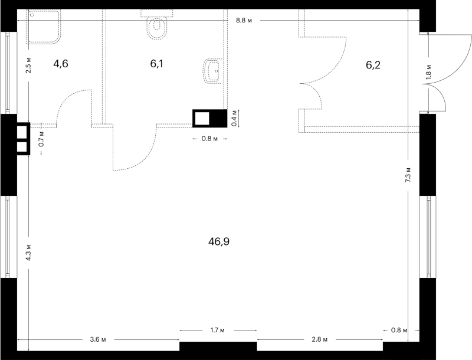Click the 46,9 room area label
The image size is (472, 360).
219,242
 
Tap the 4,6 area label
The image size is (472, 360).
61,64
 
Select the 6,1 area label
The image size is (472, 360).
156,64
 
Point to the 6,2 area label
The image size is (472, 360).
373,65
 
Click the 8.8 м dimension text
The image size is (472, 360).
244,21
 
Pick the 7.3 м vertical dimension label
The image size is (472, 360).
408,175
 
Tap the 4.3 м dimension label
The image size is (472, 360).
28,253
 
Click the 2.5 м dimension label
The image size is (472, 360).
28,66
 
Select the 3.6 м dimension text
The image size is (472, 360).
98,339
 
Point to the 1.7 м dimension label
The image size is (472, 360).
218,330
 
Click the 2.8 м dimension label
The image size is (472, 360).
319,339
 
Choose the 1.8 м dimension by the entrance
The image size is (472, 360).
428,72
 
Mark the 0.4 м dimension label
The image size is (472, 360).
234,118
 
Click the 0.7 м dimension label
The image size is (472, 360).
42,139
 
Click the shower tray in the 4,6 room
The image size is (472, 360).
44,26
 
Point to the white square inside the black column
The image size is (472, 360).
202,118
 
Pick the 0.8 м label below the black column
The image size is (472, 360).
209,139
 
